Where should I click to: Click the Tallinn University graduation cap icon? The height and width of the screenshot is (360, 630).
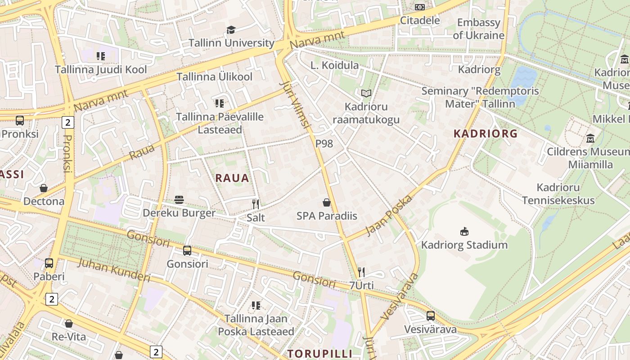pos(231,30)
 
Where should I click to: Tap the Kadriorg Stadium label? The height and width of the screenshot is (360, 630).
pos(464,245)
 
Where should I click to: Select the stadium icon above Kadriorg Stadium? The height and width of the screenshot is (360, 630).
pos(464,232)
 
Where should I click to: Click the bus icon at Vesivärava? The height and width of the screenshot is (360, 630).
pos(431,316)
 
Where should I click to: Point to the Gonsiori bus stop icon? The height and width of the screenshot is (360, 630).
pos(187,251)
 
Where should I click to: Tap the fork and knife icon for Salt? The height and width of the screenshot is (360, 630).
pos(256,204)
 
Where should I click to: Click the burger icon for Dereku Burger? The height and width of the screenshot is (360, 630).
pos(179,200)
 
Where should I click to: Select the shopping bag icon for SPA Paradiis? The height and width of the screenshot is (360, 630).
pos(327,203)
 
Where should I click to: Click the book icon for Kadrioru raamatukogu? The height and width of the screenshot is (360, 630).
pos(366,94)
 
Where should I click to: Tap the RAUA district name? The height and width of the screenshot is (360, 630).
pos(232,178)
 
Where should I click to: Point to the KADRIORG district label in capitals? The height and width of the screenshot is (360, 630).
pos(486,134)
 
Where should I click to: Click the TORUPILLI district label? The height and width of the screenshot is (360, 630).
pos(319,353)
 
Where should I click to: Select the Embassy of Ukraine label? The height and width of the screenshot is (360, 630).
pos(478,29)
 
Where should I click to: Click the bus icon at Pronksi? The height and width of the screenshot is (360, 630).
pos(20,121)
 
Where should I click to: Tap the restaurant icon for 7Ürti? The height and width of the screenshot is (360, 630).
pos(361,272)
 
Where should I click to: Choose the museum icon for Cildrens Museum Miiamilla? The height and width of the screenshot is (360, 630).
pos(590,138)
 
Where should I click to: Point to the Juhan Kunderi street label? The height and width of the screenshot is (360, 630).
pos(113,269)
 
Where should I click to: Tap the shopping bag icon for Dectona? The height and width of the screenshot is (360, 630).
pos(44,188)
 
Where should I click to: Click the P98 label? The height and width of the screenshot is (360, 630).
pos(324,144)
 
